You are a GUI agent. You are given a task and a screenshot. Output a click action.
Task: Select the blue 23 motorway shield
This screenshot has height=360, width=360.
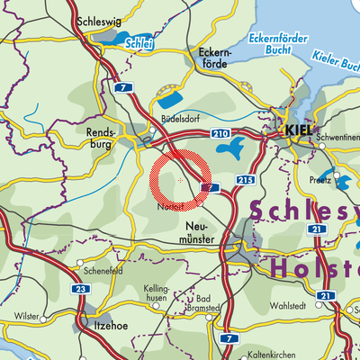click(56, 289)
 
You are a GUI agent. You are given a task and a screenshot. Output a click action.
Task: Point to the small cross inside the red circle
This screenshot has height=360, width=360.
click(181, 181)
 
